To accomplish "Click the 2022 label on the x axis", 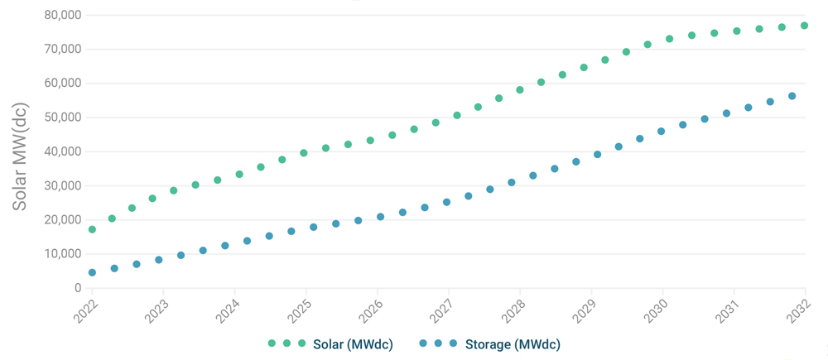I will point(87,312).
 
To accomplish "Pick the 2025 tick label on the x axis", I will point(301,312).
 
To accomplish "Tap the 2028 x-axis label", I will point(514,312).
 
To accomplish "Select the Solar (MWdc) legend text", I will point(353,343).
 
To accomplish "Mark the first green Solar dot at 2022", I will point(92,229).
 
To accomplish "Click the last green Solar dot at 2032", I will point(805,26).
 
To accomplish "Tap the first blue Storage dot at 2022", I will point(92,272).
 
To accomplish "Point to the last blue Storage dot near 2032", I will point(792,96).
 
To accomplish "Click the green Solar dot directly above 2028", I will point(520,89).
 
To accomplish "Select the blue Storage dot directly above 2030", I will point(661,131).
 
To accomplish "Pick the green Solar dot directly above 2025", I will point(304,153).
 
